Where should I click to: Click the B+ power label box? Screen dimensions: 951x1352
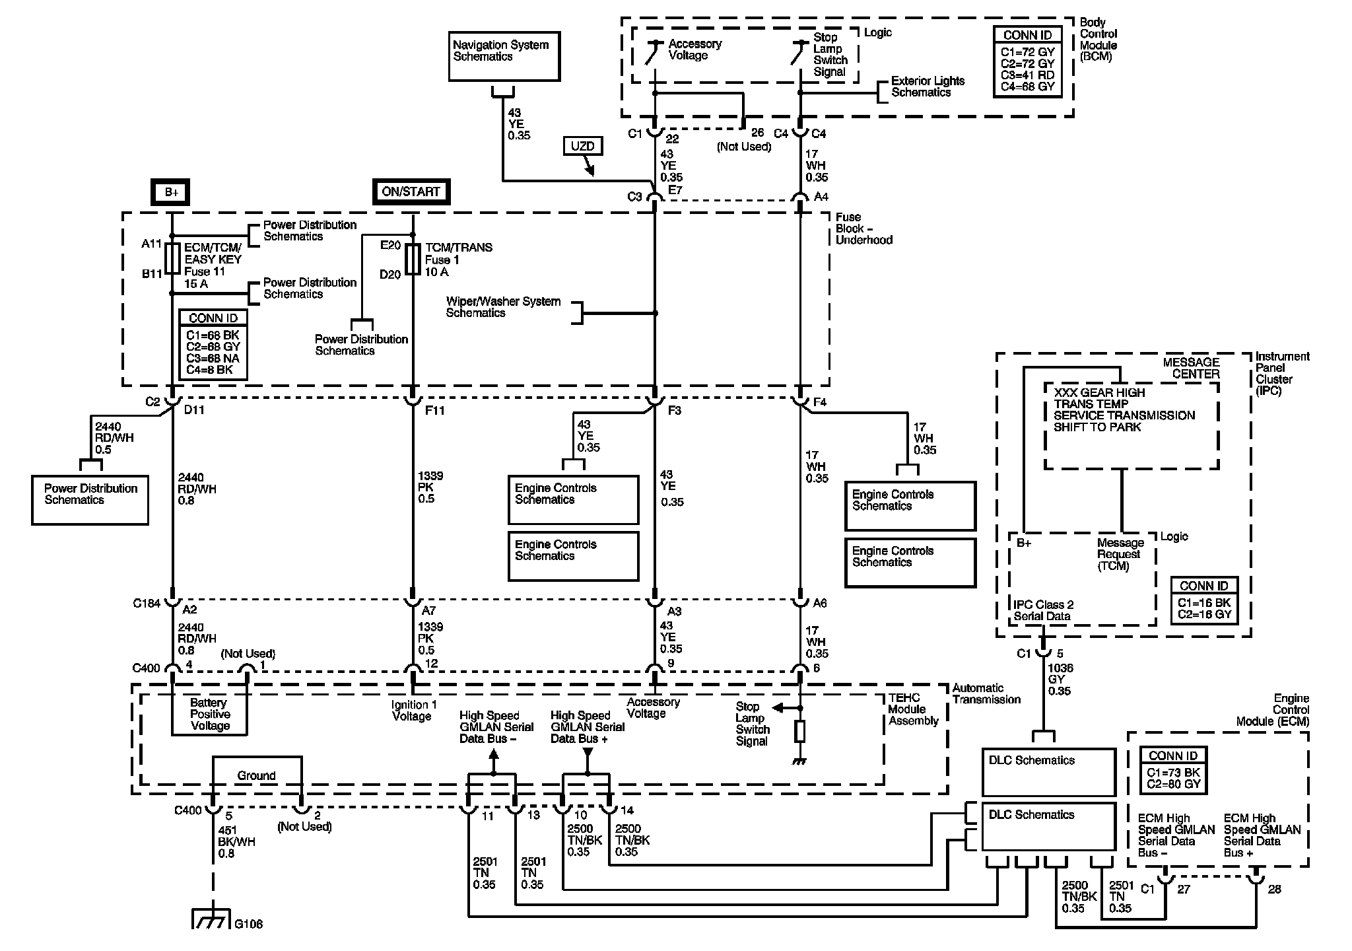coord(172,192)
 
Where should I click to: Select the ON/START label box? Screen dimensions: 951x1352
coord(411,192)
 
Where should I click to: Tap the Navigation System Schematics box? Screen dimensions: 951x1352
coord(504,56)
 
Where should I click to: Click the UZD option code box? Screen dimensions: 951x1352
coord(582,146)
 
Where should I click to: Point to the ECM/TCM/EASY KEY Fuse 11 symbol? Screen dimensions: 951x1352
coord(172,259)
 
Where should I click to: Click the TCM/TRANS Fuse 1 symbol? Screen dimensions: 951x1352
coord(413,260)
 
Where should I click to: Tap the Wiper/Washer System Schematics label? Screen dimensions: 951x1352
coord(503,307)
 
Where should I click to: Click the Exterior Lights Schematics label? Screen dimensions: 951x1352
coord(928,87)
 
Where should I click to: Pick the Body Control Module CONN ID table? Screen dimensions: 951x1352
coord(1027,61)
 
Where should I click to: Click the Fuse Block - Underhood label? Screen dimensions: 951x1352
coord(863,229)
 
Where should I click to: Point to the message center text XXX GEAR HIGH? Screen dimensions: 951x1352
coord(1099,392)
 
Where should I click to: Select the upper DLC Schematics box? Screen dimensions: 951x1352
coord(1048,771)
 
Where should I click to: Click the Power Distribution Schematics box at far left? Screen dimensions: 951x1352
coord(90,500)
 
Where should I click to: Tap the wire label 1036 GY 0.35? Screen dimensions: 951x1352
coord(1060,680)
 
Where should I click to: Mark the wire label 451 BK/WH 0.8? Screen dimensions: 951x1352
coord(236,842)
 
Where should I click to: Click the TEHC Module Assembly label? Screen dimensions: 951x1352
coord(913,709)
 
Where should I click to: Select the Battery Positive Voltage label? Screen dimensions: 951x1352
coord(210,715)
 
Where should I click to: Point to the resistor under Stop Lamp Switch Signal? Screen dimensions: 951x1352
coord(799,732)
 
